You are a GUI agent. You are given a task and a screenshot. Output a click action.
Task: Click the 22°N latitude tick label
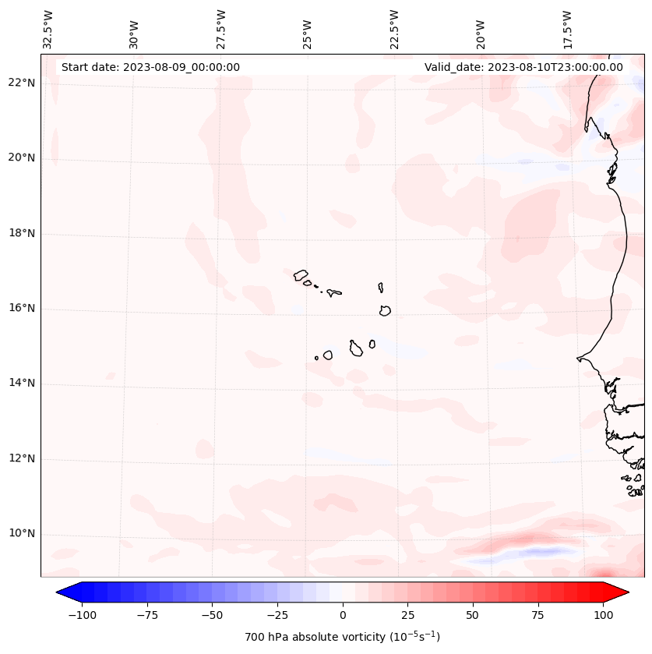[x=22, y=83]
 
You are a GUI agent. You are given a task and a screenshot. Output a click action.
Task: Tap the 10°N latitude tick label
[x=22, y=534]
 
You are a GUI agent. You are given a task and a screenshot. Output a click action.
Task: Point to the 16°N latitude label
[x=22, y=309]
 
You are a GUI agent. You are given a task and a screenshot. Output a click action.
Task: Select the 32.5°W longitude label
[x=48, y=30]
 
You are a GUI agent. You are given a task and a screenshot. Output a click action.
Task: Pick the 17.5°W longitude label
[x=568, y=30]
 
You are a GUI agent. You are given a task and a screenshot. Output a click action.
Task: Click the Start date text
[x=150, y=67]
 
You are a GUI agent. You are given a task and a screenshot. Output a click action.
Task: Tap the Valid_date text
[x=523, y=67]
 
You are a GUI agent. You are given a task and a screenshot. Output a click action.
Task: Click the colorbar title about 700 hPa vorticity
[x=342, y=637]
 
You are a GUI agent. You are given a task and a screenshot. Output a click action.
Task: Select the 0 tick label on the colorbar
[x=343, y=615]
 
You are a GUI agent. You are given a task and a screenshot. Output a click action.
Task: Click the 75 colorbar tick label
[x=537, y=615]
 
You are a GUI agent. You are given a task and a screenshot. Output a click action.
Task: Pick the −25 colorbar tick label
[x=277, y=615]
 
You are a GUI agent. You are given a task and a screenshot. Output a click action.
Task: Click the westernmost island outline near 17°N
[x=301, y=275]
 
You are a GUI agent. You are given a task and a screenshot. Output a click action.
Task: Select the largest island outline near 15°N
[x=356, y=348]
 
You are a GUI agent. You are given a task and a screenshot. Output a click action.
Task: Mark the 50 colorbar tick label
[x=473, y=615]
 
